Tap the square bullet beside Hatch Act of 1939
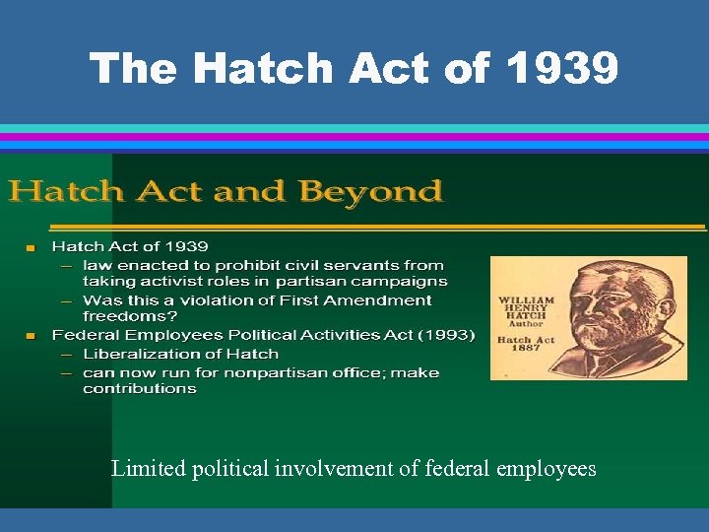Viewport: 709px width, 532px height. pos(32,247)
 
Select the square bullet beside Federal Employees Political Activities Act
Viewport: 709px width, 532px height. pos(32,336)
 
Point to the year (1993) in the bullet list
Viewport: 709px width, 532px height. pos(447,335)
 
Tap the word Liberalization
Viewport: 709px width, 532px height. pos(139,354)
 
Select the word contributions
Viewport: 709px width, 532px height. pos(140,388)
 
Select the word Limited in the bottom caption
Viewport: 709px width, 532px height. pos(148,468)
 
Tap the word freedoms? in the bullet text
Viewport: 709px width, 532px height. pos(129,316)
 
